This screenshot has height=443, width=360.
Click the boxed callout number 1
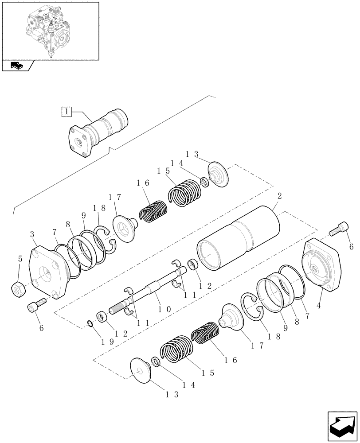[66, 112]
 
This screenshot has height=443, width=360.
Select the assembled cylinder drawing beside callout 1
[98, 133]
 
